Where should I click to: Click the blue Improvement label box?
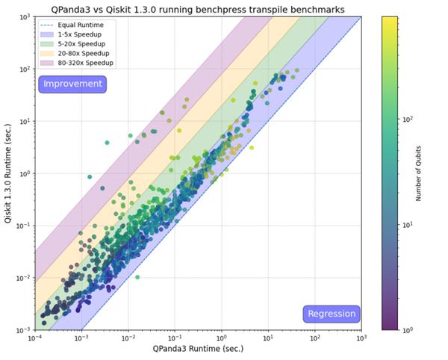point(72,84)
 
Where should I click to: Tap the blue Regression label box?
point(332,314)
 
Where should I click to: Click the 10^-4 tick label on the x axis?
point(34,338)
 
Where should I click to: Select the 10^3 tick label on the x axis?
point(361,338)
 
